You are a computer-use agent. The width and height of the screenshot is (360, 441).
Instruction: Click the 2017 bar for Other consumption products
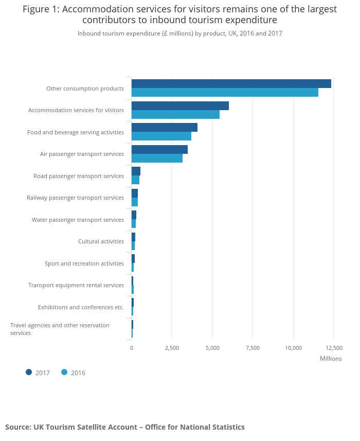[x=231, y=84]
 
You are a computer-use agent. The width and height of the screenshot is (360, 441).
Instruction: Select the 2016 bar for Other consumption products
[x=225, y=93]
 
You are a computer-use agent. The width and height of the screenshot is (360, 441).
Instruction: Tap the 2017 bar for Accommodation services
[x=180, y=105]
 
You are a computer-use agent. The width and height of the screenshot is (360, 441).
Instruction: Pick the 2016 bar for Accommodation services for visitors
[x=175, y=114]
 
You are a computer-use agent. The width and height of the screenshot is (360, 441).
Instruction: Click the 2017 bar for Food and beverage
[x=164, y=127]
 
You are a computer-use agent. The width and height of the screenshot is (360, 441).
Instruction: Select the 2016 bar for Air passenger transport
[x=157, y=158]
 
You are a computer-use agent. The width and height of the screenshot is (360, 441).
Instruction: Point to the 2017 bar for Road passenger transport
[x=136, y=171]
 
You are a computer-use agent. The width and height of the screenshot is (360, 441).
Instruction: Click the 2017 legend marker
[x=29, y=372]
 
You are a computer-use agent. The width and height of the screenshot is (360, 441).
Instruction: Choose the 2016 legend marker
[x=64, y=372]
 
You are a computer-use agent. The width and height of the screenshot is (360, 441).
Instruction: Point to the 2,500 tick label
[x=172, y=348]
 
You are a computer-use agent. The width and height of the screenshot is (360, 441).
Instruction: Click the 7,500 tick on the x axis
[x=253, y=348]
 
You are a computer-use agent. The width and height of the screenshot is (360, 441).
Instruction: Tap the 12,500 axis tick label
[x=333, y=348]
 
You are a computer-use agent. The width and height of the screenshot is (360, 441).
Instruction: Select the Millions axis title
[x=330, y=359]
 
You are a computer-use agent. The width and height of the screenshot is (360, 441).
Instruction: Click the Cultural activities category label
[x=101, y=241]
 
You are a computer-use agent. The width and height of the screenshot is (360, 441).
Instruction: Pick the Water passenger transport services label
[x=78, y=220]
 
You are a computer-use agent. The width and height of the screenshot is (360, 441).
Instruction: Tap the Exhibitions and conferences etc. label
[x=81, y=307]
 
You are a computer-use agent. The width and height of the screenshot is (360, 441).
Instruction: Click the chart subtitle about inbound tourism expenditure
[x=179, y=33]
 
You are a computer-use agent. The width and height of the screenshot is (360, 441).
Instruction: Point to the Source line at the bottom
[x=125, y=427]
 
